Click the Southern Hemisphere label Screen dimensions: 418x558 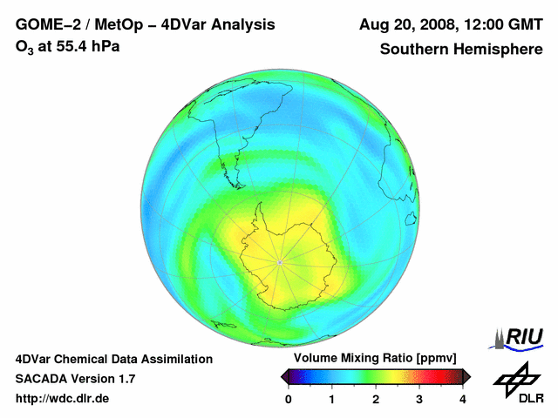461,50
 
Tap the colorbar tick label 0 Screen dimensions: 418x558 289,399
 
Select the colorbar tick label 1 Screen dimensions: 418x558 332,399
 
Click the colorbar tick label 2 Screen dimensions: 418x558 376,399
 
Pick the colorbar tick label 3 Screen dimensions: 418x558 419,399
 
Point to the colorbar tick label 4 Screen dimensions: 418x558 463,399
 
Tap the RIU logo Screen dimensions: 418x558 521,338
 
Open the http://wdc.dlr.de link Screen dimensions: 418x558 63,399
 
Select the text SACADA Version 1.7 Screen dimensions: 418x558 75,379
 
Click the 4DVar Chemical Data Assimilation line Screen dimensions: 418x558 113,359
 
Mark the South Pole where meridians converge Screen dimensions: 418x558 279,262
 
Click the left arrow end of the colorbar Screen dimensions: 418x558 284,376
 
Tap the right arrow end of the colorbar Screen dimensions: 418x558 466,376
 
